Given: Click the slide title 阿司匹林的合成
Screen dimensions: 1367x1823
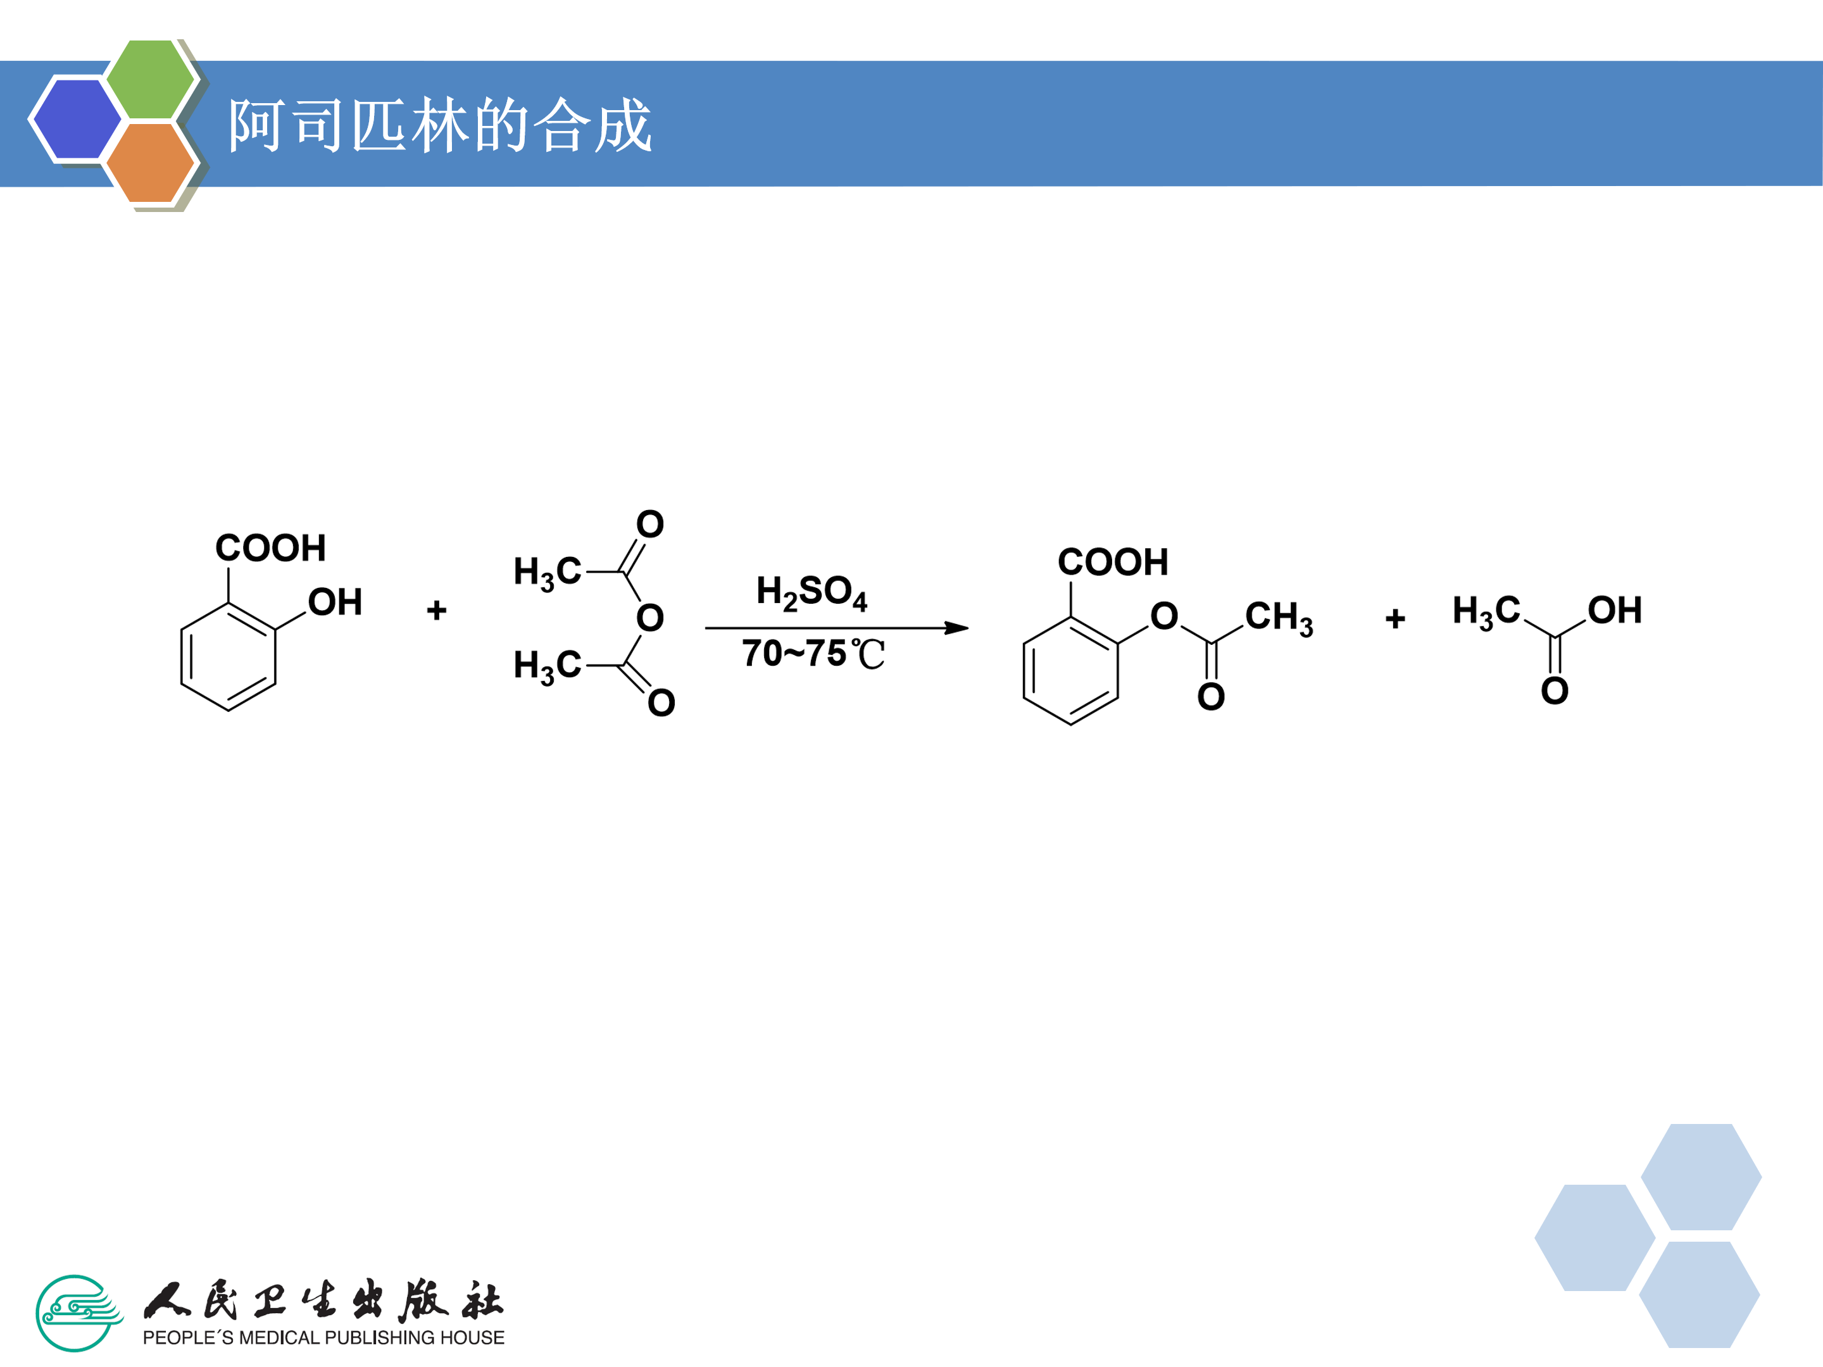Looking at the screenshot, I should click(440, 125).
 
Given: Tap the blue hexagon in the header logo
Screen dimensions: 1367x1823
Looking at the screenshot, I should click(76, 118).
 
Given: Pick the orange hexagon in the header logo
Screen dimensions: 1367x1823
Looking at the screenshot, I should click(150, 162).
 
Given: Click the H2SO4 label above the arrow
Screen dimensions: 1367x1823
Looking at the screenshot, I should click(811, 592).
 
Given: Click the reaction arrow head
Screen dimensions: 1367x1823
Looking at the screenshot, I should click(958, 628).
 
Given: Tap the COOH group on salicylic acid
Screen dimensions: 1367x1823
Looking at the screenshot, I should click(270, 548).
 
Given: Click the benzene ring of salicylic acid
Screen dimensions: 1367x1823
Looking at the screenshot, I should click(229, 657).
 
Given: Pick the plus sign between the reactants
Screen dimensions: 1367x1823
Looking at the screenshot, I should click(437, 609).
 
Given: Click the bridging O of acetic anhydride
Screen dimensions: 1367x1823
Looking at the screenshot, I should click(650, 618).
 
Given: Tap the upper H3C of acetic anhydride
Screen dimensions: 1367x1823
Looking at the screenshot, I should click(548, 572).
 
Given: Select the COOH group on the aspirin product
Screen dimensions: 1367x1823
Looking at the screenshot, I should click(1113, 562).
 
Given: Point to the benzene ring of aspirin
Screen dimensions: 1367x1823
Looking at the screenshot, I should click(1070, 671).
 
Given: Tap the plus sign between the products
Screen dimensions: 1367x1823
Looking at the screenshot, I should click(1395, 618).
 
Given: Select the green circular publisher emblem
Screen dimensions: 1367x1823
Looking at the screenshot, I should click(76, 1313).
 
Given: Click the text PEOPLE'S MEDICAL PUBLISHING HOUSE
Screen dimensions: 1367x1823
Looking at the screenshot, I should click(323, 1337).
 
